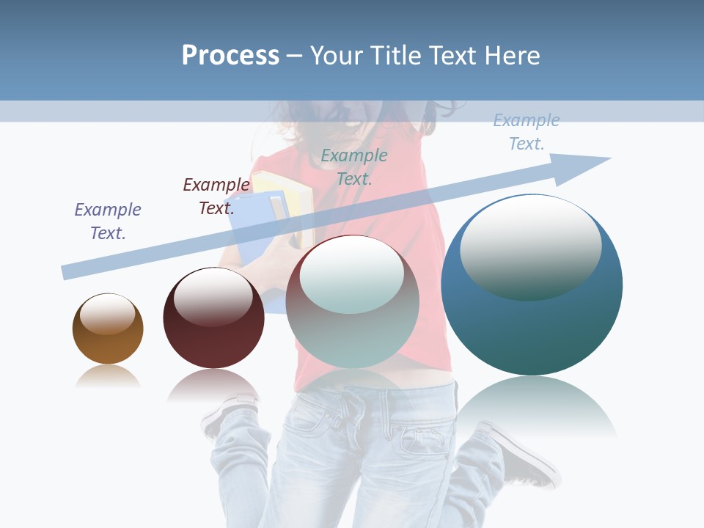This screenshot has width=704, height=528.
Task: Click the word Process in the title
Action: click(230, 56)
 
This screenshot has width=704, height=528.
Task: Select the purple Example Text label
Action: click(108, 221)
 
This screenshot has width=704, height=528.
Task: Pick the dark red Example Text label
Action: click(216, 197)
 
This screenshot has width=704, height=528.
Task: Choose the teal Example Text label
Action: click(354, 166)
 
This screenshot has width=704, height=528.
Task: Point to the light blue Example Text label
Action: click(526, 132)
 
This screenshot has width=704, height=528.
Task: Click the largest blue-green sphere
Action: click(532, 323)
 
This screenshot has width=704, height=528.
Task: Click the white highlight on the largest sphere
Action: click(530, 246)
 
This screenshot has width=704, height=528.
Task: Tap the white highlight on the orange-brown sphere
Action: click(107, 314)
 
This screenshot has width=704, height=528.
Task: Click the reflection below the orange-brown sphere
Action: click(108, 377)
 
